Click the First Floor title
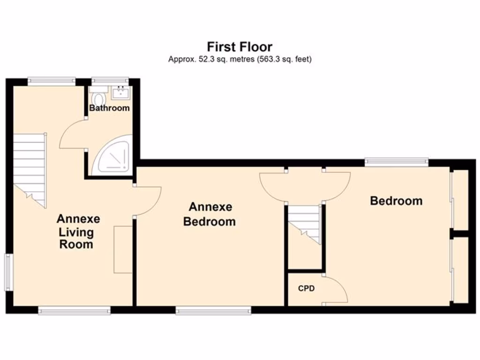coord(240,47)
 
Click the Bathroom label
coord(109,108)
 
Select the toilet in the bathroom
coord(98,99)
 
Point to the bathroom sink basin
coord(121,92)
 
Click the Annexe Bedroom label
coord(209,214)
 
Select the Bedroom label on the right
coord(396,201)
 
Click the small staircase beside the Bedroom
coord(304,223)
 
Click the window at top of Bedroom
coord(397,162)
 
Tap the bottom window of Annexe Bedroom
coord(213,310)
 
